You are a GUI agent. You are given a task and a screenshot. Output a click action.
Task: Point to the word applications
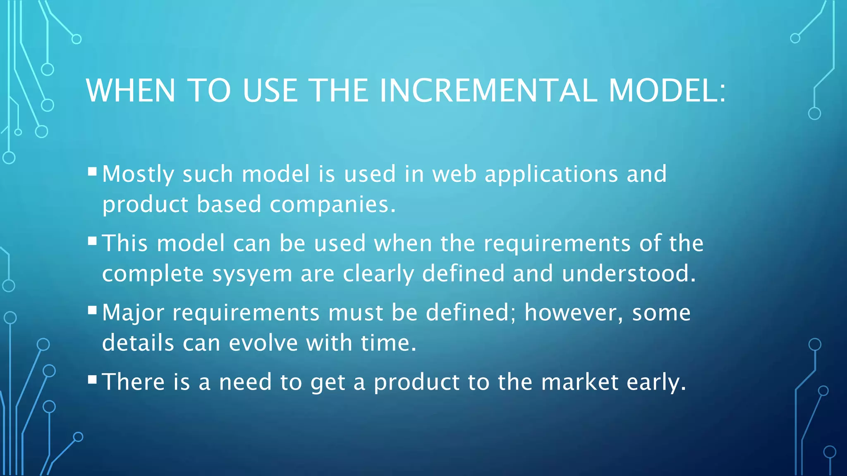(551, 174)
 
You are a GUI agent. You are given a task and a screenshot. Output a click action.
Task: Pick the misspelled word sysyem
(252, 274)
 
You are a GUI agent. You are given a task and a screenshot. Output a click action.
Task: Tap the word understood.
(629, 274)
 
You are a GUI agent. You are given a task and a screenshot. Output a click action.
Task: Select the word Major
(133, 313)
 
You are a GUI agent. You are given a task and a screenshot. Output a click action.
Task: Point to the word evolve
(263, 343)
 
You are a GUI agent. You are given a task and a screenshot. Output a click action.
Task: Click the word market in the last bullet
(580, 382)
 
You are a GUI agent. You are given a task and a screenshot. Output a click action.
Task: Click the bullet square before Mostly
(92, 171)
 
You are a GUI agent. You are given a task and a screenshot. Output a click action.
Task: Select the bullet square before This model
(92, 240)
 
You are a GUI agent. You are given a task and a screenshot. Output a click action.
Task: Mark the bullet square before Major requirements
(92, 310)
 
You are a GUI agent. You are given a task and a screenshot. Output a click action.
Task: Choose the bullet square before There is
(92, 379)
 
